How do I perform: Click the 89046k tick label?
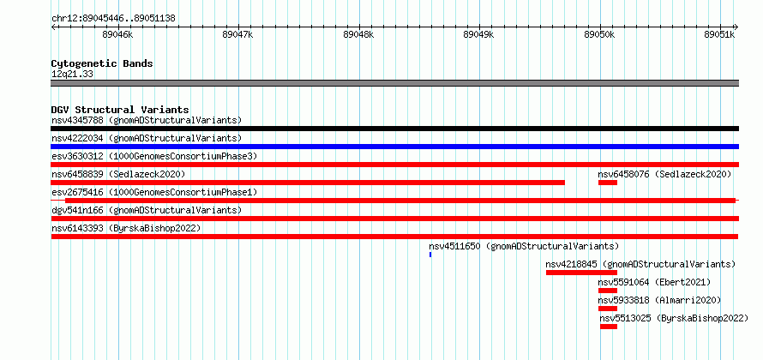click(117, 34)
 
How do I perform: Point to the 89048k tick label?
click(358, 34)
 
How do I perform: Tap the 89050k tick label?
click(599, 34)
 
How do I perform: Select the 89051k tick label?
click(720, 34)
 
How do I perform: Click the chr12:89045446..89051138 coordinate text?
click(113, 19)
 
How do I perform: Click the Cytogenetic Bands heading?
click(102, 63)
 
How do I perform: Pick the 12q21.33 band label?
click(73, 75)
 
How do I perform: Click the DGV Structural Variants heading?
click(120, 110)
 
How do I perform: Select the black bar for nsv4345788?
click(394, 129)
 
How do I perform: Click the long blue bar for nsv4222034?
click(394, 147)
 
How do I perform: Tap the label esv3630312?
click(77, 156)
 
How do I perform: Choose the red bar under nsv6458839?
click(308, 183)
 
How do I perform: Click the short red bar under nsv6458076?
click(608, 183)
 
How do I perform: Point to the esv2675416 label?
click(77, 192)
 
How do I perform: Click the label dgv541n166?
click(77, 210)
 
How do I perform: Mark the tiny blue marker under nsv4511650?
click(430, 255)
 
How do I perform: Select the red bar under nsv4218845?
click(581, 273)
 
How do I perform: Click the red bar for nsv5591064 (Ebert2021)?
click(608, 291)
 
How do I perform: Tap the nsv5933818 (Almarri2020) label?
click(659, 300)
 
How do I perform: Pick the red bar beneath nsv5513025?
click(609, 327)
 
